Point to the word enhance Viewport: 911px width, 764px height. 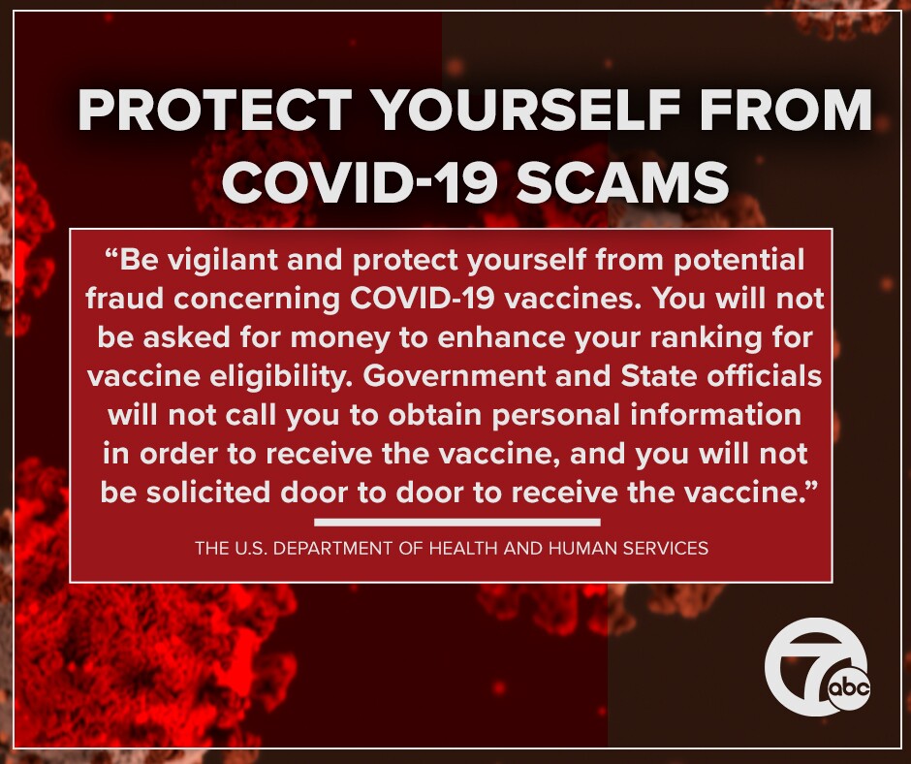tap(477, 337)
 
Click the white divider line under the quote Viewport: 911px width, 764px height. tap(450, 523)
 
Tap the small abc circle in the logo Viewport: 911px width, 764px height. tap(849, 689)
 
